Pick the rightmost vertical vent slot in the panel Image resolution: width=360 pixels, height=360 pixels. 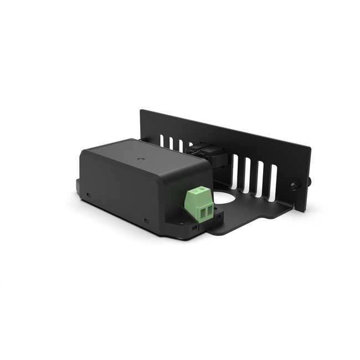272,181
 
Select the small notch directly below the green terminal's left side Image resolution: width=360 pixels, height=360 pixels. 194,227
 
